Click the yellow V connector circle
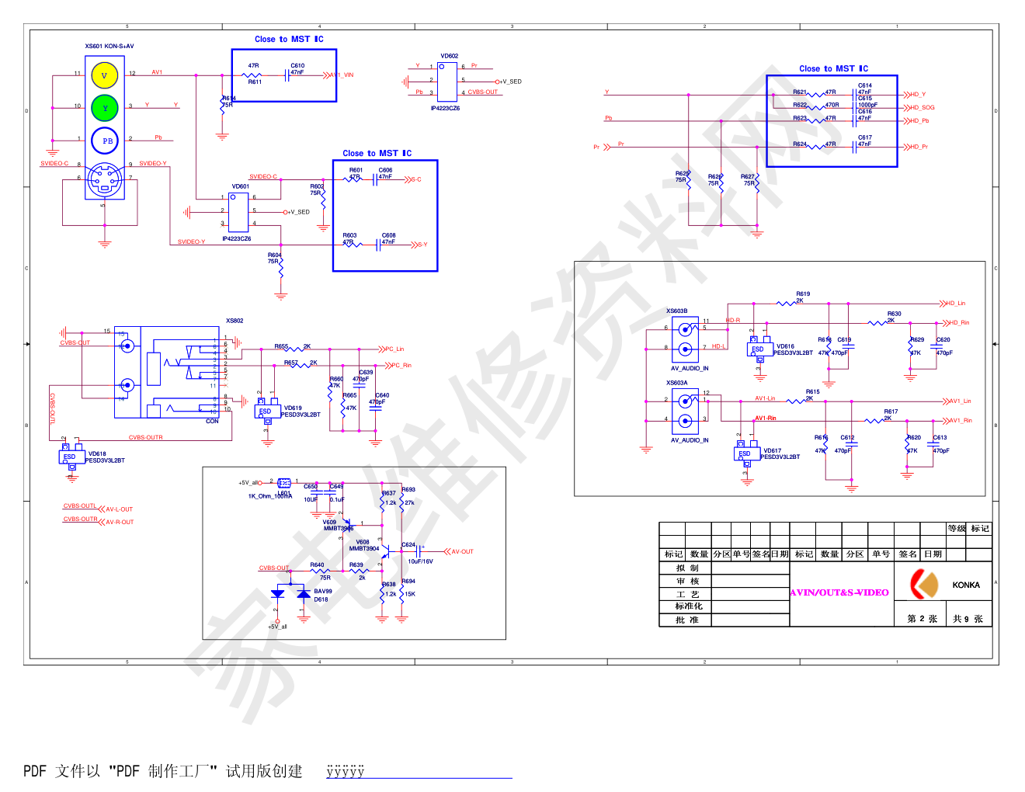104,75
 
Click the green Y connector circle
104,108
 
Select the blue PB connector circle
105,141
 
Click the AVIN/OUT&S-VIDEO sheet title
839,592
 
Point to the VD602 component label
449,56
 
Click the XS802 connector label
235,321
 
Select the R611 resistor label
255,82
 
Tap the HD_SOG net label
922,108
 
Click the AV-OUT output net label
462,552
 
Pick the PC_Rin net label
401,365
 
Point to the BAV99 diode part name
323,592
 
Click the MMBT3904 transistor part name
364,549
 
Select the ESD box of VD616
758,349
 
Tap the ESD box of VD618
70,457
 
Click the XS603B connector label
676,311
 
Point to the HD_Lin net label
956,304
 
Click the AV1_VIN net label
343,75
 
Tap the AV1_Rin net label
961,421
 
